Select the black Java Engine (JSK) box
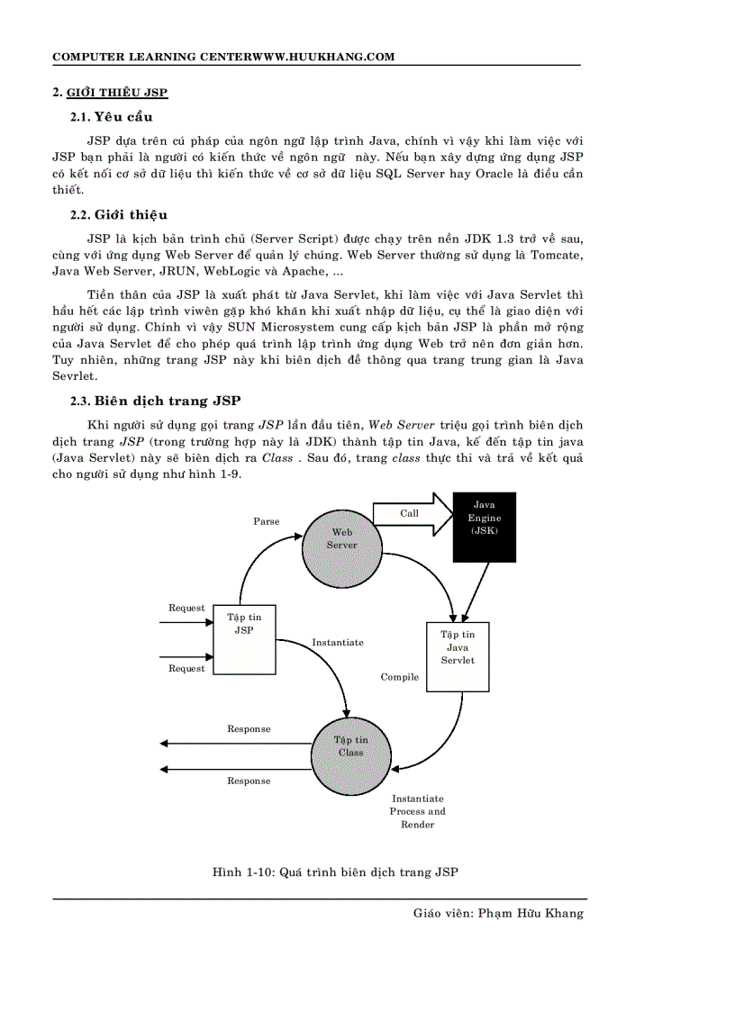coord(484,527)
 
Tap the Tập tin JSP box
coord(244,639)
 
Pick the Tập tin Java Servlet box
coord(458,656)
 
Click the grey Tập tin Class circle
coord(351,746)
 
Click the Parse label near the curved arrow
coord(266,521)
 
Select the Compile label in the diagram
coord(399,677)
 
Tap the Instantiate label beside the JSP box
coord(338,643)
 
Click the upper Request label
coord(186,609)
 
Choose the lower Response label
coord(249,781)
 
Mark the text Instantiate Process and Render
coord(417,811)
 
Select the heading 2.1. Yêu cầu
coord(112,117)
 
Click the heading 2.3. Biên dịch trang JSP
coord(155,401)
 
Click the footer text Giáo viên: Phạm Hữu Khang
coord(498,913)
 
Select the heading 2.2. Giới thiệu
coord(119,215)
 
